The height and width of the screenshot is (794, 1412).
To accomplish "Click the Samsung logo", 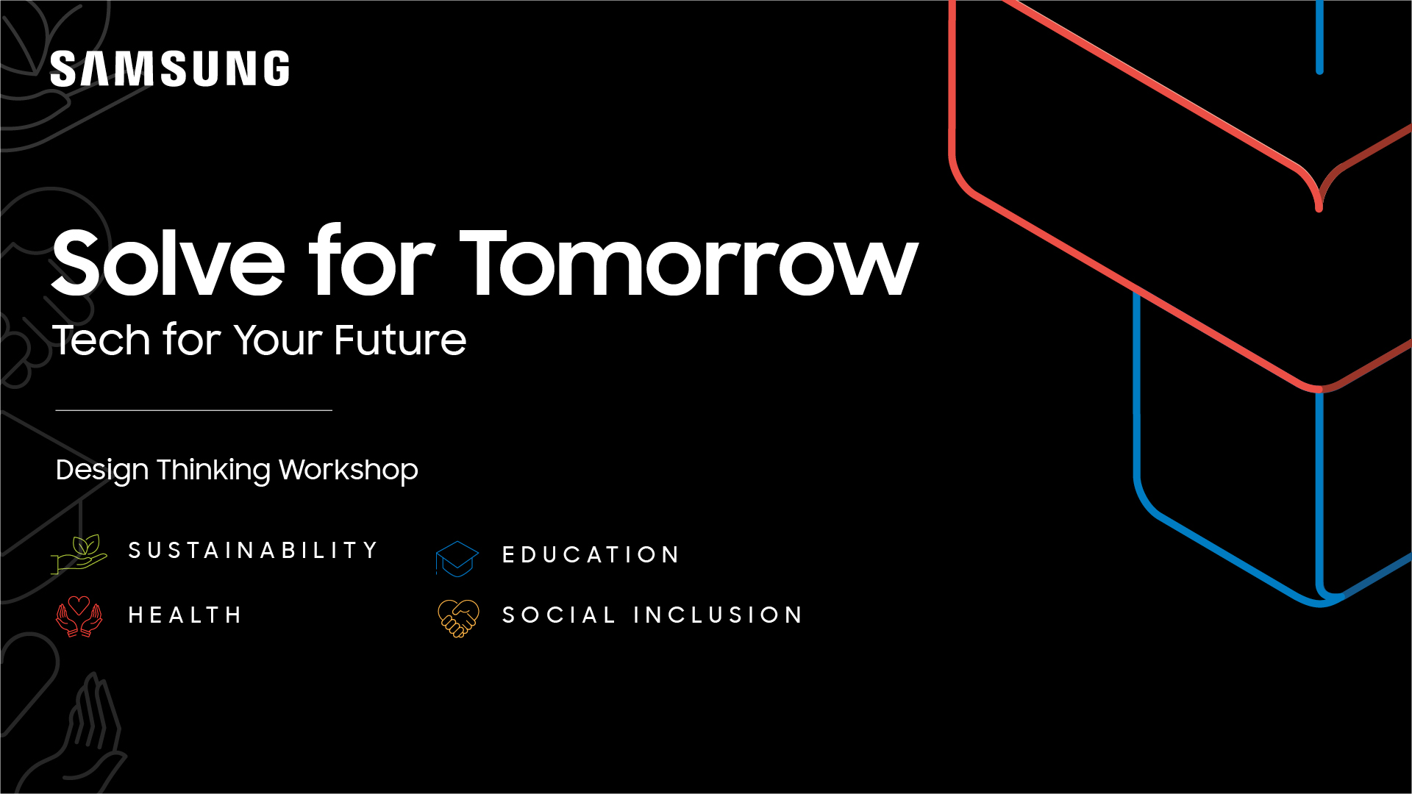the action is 170,68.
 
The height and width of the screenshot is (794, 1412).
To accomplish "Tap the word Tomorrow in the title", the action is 689,262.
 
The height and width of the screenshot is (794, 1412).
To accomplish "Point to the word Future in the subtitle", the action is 400,340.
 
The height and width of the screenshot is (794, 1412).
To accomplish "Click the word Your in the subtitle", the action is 278,340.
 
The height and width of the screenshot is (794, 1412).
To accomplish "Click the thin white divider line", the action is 194,410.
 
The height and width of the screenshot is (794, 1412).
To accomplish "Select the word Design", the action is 102,471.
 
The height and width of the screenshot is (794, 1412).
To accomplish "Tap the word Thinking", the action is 213,471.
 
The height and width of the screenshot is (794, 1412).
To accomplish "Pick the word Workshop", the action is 349,471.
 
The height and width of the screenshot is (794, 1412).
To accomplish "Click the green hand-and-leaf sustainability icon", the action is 79,554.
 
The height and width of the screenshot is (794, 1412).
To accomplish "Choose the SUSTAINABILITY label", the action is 253,550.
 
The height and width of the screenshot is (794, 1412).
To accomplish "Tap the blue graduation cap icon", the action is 457,559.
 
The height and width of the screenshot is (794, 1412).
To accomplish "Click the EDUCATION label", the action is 591,554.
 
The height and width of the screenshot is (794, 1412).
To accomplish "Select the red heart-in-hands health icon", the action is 79,616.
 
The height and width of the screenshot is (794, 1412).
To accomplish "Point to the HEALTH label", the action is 185,615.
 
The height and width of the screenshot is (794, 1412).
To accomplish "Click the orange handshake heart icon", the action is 458,618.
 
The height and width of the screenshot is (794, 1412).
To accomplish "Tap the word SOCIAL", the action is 559,615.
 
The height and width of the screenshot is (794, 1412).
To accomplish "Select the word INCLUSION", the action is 719,615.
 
